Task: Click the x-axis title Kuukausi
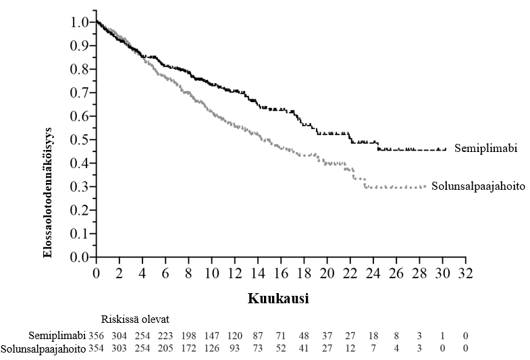(278, 299)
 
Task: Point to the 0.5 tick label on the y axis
(79, 140)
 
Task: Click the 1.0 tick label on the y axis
(79, 22)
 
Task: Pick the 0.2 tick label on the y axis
(79, 210)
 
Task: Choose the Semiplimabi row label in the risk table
(57, 335)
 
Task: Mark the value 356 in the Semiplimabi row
(97, 335)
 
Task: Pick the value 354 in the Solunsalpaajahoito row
(97, 349)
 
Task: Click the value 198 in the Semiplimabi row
(188, 335)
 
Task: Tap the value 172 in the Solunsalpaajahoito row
(188, 349)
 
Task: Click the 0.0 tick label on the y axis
(79, 257)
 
